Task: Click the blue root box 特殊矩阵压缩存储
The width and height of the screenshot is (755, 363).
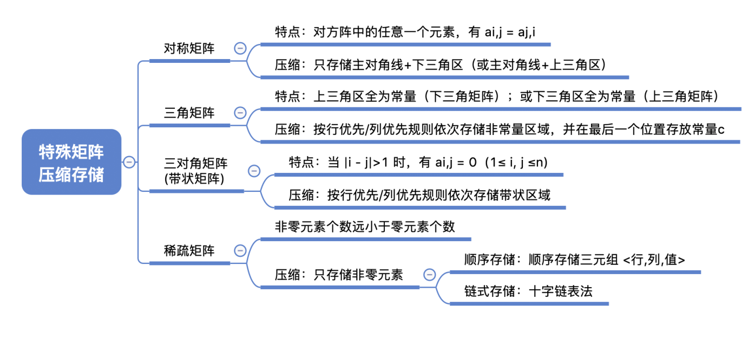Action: [x=71, y=162]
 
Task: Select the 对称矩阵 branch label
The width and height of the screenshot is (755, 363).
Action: [x=189, y=49]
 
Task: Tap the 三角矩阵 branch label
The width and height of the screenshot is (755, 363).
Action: [x=189, y=113]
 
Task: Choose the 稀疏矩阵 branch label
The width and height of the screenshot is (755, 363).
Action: [x=189, y=250]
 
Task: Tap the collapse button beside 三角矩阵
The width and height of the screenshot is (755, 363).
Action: [x=240, y=113]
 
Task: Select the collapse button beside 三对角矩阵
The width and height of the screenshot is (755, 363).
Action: [x=254, y=171]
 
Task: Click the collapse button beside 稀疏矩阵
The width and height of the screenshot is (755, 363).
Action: [x=240, y=250]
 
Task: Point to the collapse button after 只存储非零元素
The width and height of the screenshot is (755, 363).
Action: [x=429, y=275]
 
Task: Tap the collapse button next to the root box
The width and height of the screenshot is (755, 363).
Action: [x=129, y=162]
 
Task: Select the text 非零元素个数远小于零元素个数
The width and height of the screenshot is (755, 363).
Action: [x=365, y=226]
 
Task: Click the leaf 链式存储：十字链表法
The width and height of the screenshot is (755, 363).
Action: [x=528, y=291]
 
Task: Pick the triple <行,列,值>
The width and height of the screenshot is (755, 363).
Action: [x=654, y=260]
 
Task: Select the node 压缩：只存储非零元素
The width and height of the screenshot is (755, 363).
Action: [x=339, y=275]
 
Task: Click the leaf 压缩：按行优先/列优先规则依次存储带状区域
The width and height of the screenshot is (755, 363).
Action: [x=419, y=195]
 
